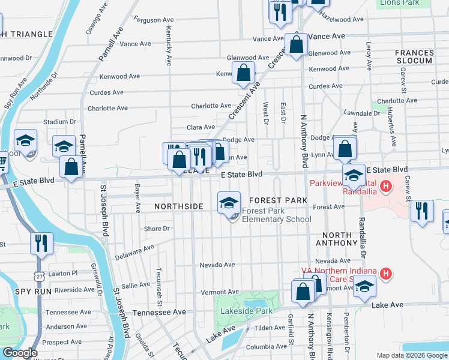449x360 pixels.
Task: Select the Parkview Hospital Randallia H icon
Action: pyautogui.click(x=387, y=187)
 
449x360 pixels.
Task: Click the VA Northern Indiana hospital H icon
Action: pyautogui.click(x=387, y=274)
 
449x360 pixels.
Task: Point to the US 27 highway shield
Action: pyautogui.click(x=39, y=275)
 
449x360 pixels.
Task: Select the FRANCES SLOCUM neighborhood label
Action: pyautogui.click(x=414, y=57)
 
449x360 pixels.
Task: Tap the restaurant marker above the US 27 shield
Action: pyautogui.click(x=41, y=243)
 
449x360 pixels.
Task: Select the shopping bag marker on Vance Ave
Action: pyautogui.click(x=297, y=44)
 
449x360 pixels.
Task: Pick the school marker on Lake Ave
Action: pyautogui.click(x=364, y=287)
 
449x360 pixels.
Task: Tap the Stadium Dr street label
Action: pyautogui.click(x=59, y=122)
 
